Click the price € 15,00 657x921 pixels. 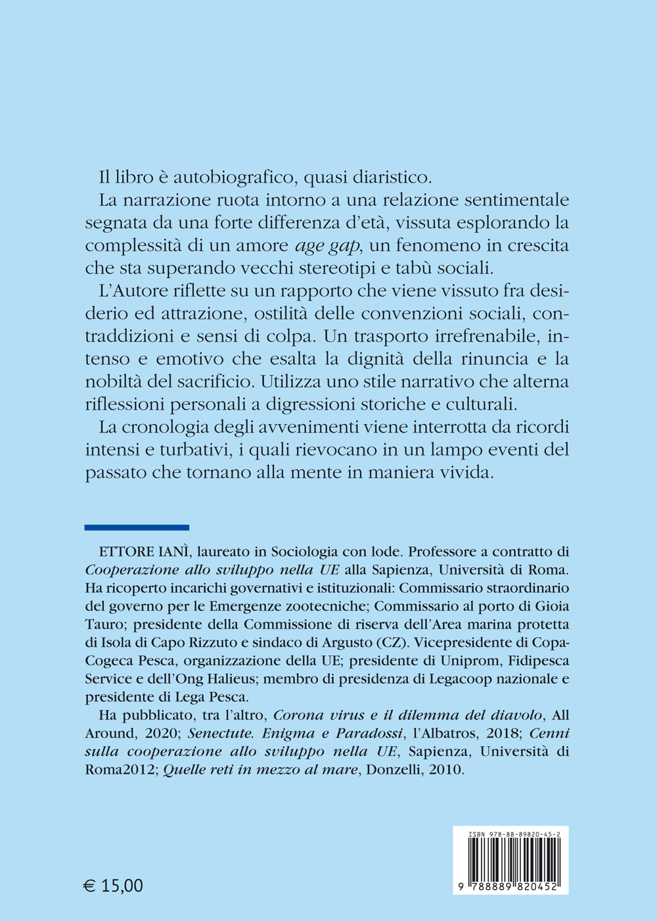click(x=114, y=886)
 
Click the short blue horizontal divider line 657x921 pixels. click(x=137, y=527)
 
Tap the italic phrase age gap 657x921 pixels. click(x=326, y=245)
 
